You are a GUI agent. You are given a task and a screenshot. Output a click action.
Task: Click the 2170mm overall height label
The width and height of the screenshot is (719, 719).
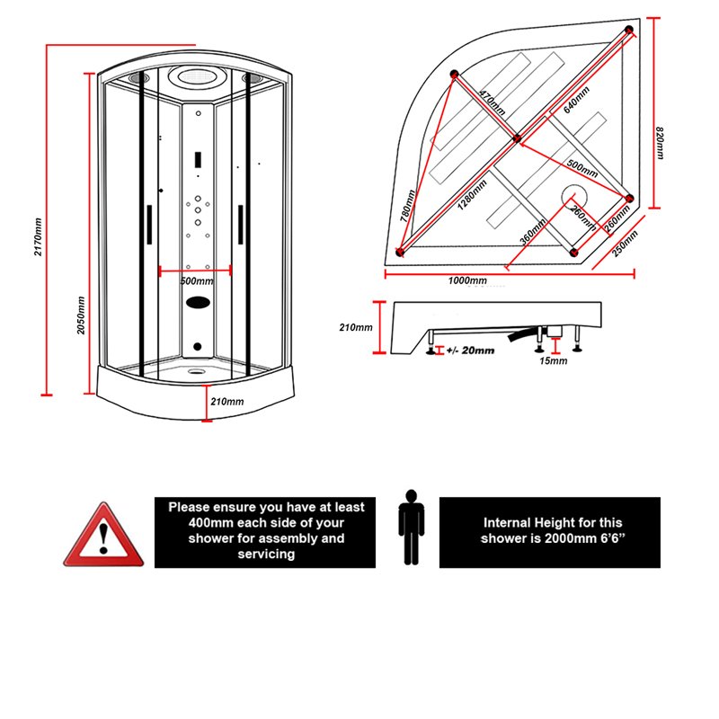pos(39,235)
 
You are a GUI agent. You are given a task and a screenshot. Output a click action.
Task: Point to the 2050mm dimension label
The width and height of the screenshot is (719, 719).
pos(81,315)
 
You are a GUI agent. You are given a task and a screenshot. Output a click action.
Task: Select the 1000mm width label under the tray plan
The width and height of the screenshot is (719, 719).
pos(467,281)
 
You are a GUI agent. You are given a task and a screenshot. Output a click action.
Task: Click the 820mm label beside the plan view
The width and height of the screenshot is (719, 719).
pos(661,143)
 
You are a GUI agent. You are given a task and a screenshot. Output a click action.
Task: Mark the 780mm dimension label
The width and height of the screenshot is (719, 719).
pos(407,205)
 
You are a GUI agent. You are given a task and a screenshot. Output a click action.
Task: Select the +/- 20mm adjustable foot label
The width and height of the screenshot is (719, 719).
pos(470,351)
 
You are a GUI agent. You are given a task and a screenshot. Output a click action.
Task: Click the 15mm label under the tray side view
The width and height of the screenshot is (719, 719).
pos(555,360)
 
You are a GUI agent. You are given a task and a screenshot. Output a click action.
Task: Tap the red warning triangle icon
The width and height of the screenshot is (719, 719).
pos(103,536)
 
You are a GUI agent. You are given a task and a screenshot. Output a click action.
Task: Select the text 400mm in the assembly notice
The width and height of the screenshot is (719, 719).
pos(207,522)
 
